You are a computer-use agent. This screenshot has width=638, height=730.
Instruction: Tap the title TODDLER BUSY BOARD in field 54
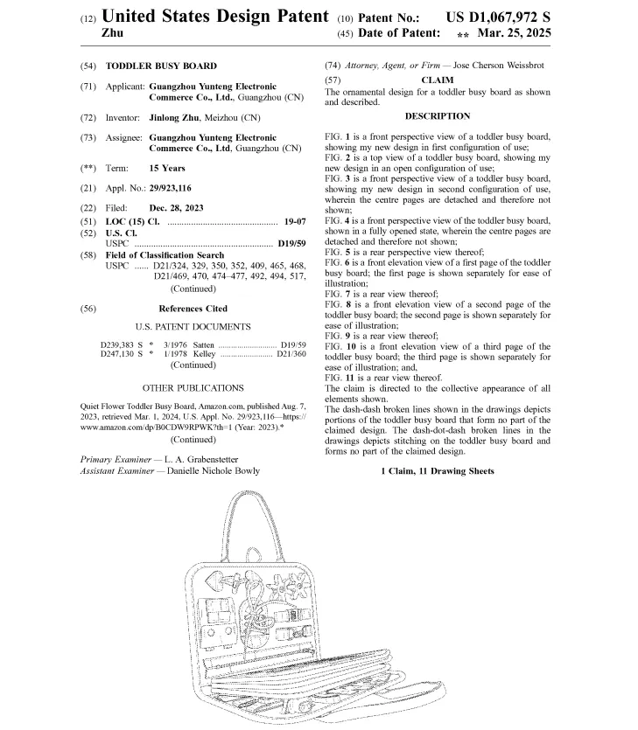[161, 66]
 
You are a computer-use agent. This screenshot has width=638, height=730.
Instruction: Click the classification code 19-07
[294, 222]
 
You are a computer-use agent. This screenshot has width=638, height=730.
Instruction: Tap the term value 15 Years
[167, 167]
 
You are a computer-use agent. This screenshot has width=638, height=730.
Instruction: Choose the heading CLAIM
[438, 80]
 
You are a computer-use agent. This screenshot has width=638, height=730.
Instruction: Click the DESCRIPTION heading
[438, 116]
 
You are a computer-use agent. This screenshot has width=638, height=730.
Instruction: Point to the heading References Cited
[193, 309]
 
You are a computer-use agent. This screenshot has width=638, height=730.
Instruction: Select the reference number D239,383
[122, 345]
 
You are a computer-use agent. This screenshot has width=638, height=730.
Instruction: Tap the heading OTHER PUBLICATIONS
[193, 387]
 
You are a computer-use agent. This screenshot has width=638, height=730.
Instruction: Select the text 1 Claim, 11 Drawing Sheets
[438, 471]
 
